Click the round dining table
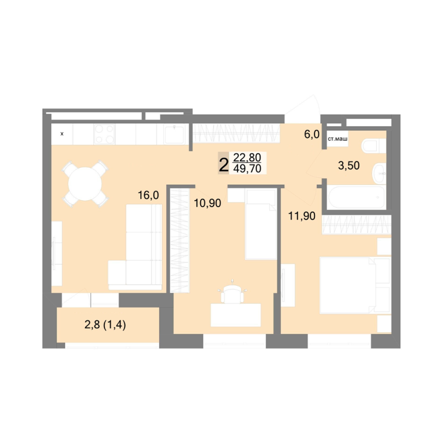tap(85, 183)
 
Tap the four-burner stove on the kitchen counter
tap(104, 134)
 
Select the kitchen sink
tap(174, 134)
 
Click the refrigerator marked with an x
tap(62, 134)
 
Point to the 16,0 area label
tap(148, 195)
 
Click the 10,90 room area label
tap(208, 203)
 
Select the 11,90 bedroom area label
tap(302, 216)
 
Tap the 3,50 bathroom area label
tap(349, 166)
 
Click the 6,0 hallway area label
tap(312, 134)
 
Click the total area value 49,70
tap(247, 168)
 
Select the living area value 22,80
tap(247, 157)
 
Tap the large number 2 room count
tap(223, 165)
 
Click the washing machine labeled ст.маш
tap(337, 138)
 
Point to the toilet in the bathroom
tap(374, 146)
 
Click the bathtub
tap(356, 197)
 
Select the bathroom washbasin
tap(379, 174)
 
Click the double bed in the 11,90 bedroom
tap(355, 285)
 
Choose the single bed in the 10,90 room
tap(261, 224)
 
